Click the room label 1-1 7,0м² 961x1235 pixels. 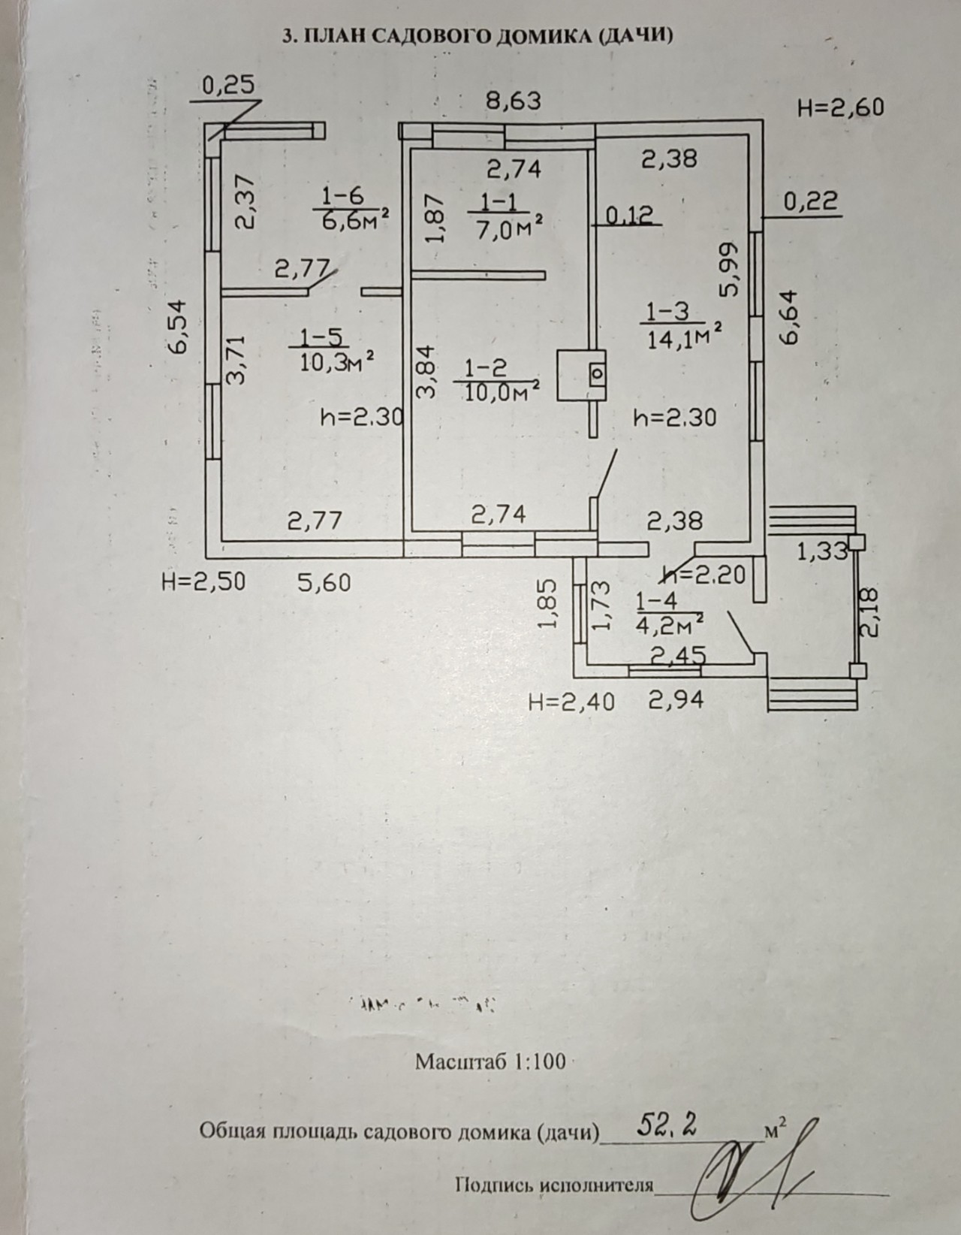(x=510, y=216)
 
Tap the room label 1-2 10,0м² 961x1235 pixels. (x=497, y=380)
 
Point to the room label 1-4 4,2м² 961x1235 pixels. (x=668, y=611)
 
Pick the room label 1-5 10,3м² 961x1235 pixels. (x=331, y=350)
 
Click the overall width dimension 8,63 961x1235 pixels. (x=514, y=100)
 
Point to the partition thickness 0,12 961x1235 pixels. (x=628, y=216)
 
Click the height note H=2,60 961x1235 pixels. (x=840, y=107)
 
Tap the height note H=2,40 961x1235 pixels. (x=571, y=702)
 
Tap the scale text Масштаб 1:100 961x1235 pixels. (x=490, y=1061)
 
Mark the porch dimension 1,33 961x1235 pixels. (x=822, y=552)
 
